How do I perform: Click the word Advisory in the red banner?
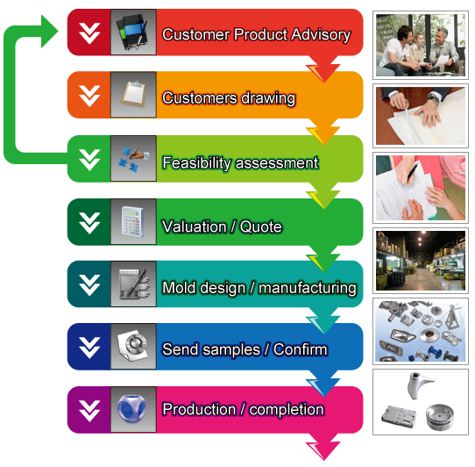coord(321,35)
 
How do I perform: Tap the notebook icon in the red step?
coord(133,32)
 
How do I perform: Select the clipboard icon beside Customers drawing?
coord(133,94)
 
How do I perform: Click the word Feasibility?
coord(197,163)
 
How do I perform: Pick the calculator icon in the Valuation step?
coord(133,221)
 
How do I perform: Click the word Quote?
coord(261,226)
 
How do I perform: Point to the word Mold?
coord(179,288)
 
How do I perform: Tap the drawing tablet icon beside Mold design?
coord(134,284)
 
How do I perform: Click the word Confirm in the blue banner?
coord(301,349)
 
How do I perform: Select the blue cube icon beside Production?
coord(132,409)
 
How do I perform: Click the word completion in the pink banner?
coord(287,410)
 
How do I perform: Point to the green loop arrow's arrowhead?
coord(50,32)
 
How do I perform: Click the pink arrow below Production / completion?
coord(323,448)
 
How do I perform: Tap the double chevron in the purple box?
coord(89,411)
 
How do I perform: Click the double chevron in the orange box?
coord(89,96)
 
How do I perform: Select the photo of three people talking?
coord(421,46)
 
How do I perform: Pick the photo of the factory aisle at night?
coord(421,261)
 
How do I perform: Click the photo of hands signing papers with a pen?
coord(421,188)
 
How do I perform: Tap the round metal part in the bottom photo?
coord(440,416)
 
